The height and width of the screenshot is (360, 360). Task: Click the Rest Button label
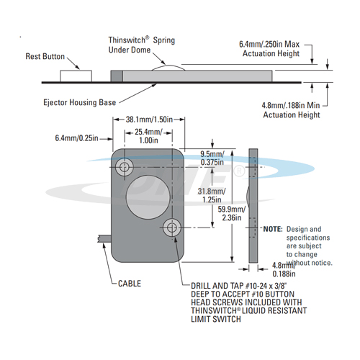tap(45, 56)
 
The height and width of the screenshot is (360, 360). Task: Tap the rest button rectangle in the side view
tap(76, 76)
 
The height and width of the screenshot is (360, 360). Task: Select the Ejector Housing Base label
tap(80, 102)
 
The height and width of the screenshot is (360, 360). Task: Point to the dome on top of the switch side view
tap(168, 68)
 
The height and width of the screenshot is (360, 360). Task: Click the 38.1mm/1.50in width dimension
tap(149, 120)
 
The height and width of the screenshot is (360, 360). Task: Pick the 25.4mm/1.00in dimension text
tap(148, 136)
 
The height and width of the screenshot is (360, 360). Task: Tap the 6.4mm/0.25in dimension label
tap(76, 138)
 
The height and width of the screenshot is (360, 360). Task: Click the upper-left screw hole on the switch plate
tap(125, 166)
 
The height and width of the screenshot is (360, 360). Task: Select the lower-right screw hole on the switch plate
tap(172, 227)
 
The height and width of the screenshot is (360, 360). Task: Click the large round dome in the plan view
tap(148, 197)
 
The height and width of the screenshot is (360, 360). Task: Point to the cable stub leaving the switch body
tap(104, 239)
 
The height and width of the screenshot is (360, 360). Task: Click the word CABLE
tap(130, 284)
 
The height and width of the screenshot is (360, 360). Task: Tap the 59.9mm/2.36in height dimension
tap(232, 213)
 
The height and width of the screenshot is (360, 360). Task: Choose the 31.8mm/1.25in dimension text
tap(212, 195)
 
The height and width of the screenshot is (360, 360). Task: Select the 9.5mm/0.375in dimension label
tap(212, 158)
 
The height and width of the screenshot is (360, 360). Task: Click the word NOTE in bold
tap(273, 229)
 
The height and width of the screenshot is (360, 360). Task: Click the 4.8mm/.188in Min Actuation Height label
tap(291, 110)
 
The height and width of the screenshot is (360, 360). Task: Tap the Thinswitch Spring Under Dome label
tap(142, 45)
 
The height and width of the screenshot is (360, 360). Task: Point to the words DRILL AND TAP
tap(217, 286)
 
